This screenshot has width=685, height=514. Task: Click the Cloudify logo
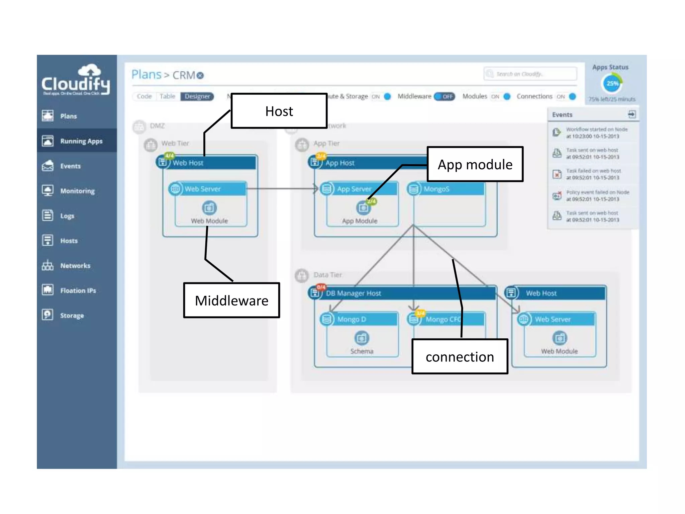coord(76,80)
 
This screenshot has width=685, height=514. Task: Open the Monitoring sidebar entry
coord(77,191)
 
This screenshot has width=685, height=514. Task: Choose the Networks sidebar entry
coord(75,266)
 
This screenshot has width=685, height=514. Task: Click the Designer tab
coord(197,96)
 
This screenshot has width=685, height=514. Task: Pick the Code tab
coord(144,96)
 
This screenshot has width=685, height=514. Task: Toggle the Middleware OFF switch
coord(445,96)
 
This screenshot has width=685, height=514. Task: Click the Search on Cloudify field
coord(530,74)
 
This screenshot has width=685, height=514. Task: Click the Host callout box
coord(279,111)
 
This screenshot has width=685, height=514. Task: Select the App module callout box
coord(475,164)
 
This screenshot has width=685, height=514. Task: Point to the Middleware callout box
coord(231,300)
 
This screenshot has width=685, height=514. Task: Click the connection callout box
coord(460,356)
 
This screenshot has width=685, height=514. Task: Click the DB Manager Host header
coord(401,293)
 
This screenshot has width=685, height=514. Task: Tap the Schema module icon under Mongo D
coord(362,338)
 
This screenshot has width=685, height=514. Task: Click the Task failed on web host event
coord(593,174)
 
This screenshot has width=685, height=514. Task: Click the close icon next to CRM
coord(200,75)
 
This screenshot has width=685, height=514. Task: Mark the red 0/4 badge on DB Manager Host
coord(321,287)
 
